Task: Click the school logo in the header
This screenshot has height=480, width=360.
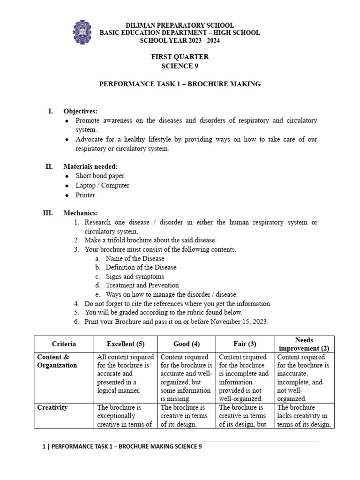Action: (x=82, y=32)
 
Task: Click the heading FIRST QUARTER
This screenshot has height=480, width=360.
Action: (x=180, y=57)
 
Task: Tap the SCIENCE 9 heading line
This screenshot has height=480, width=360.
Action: (x=180, y=66)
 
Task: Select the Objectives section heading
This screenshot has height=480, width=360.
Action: (x=81, y=111)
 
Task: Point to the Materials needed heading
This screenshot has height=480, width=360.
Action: (x=90, y=166)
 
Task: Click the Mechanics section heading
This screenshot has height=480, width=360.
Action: (x=81, y=213)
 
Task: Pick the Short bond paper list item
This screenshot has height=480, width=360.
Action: (x=100, y=176)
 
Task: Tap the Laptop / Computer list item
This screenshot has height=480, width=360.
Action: (x=102, y=185)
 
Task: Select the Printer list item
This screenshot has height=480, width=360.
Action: (x=85, y=195)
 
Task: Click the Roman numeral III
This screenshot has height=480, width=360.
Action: (x=48, y=213)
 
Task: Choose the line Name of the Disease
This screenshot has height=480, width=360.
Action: (x=135, y=258)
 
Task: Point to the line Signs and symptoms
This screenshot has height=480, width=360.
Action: (x=135, y=277)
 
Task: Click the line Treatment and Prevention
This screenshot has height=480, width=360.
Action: (x=142, y=285)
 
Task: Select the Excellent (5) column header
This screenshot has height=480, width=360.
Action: (x=126, y=344)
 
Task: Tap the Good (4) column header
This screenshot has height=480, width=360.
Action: (x=186, y=344)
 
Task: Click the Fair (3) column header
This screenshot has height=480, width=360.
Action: (x=245, y=344)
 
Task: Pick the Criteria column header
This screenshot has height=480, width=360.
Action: (x=64, y=344)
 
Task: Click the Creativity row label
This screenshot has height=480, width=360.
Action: (x=52, y=408)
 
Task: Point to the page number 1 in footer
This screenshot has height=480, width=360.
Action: (x=44, y=447)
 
